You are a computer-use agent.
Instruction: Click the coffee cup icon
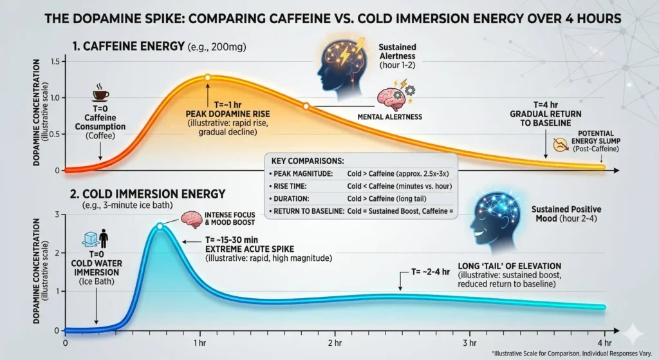point(100,95)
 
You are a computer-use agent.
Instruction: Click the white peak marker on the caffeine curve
point(207,77)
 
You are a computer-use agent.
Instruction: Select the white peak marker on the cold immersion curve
point(160,226)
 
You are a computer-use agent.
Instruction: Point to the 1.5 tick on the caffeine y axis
point(54,61)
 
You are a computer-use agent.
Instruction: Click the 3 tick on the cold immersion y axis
point(57,214)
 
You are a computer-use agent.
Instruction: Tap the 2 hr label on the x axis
point(333,342)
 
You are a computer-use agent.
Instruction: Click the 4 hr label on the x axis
point(604,342)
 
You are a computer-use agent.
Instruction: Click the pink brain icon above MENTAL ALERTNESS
point(389,97)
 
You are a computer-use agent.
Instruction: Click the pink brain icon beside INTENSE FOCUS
point(192,219)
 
